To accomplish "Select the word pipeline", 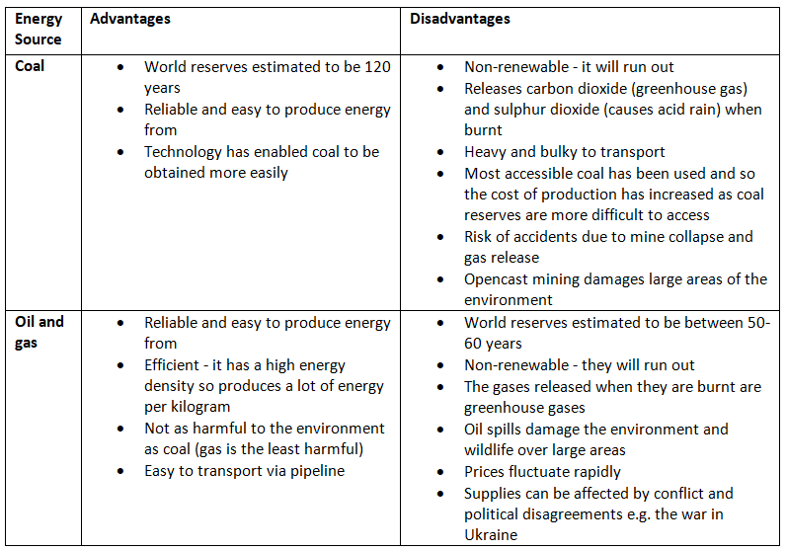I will [x=315, y=471].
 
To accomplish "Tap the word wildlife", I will [x=494, y=450].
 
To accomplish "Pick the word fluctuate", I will [x=548, y=471].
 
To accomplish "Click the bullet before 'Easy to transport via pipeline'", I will [x=120, y=472].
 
